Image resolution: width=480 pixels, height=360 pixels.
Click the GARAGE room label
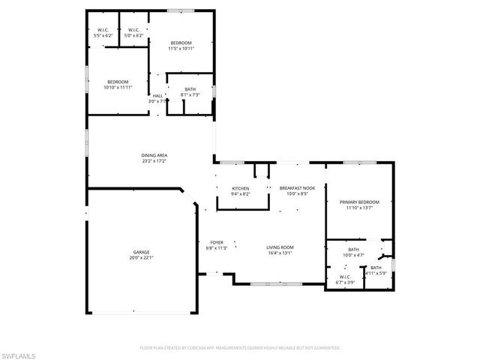[142, 252]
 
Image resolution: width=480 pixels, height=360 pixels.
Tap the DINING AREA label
[154, 155]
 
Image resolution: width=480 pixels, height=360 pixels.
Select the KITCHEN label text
[240, 188]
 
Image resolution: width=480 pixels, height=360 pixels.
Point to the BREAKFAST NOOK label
[293, 188]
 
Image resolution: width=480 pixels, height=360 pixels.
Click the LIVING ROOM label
[280, 247]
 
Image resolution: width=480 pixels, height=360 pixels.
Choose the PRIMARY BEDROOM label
[359, 202]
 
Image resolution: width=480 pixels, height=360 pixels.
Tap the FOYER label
[217, 242]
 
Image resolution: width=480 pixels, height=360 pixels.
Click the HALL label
[157, 96]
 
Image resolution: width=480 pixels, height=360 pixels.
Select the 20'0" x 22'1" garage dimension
[142, 258]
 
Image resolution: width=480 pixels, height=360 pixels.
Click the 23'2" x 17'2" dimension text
[154, 160]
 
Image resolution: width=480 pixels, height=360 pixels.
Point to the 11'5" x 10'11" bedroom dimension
[181, 49]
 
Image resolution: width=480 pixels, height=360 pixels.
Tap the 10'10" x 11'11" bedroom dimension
[118, 87]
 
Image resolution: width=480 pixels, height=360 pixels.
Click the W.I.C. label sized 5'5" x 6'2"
[103, 30]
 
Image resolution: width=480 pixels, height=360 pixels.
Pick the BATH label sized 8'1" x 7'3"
[190, 89]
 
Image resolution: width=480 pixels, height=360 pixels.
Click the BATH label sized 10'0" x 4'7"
[353, 250]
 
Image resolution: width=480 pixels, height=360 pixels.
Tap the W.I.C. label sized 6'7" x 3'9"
[345, 277]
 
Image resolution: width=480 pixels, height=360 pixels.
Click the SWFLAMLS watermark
[17, 352]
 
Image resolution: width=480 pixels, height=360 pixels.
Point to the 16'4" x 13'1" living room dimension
[280, 253]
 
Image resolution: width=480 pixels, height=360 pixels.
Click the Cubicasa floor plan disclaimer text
[240, 347]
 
